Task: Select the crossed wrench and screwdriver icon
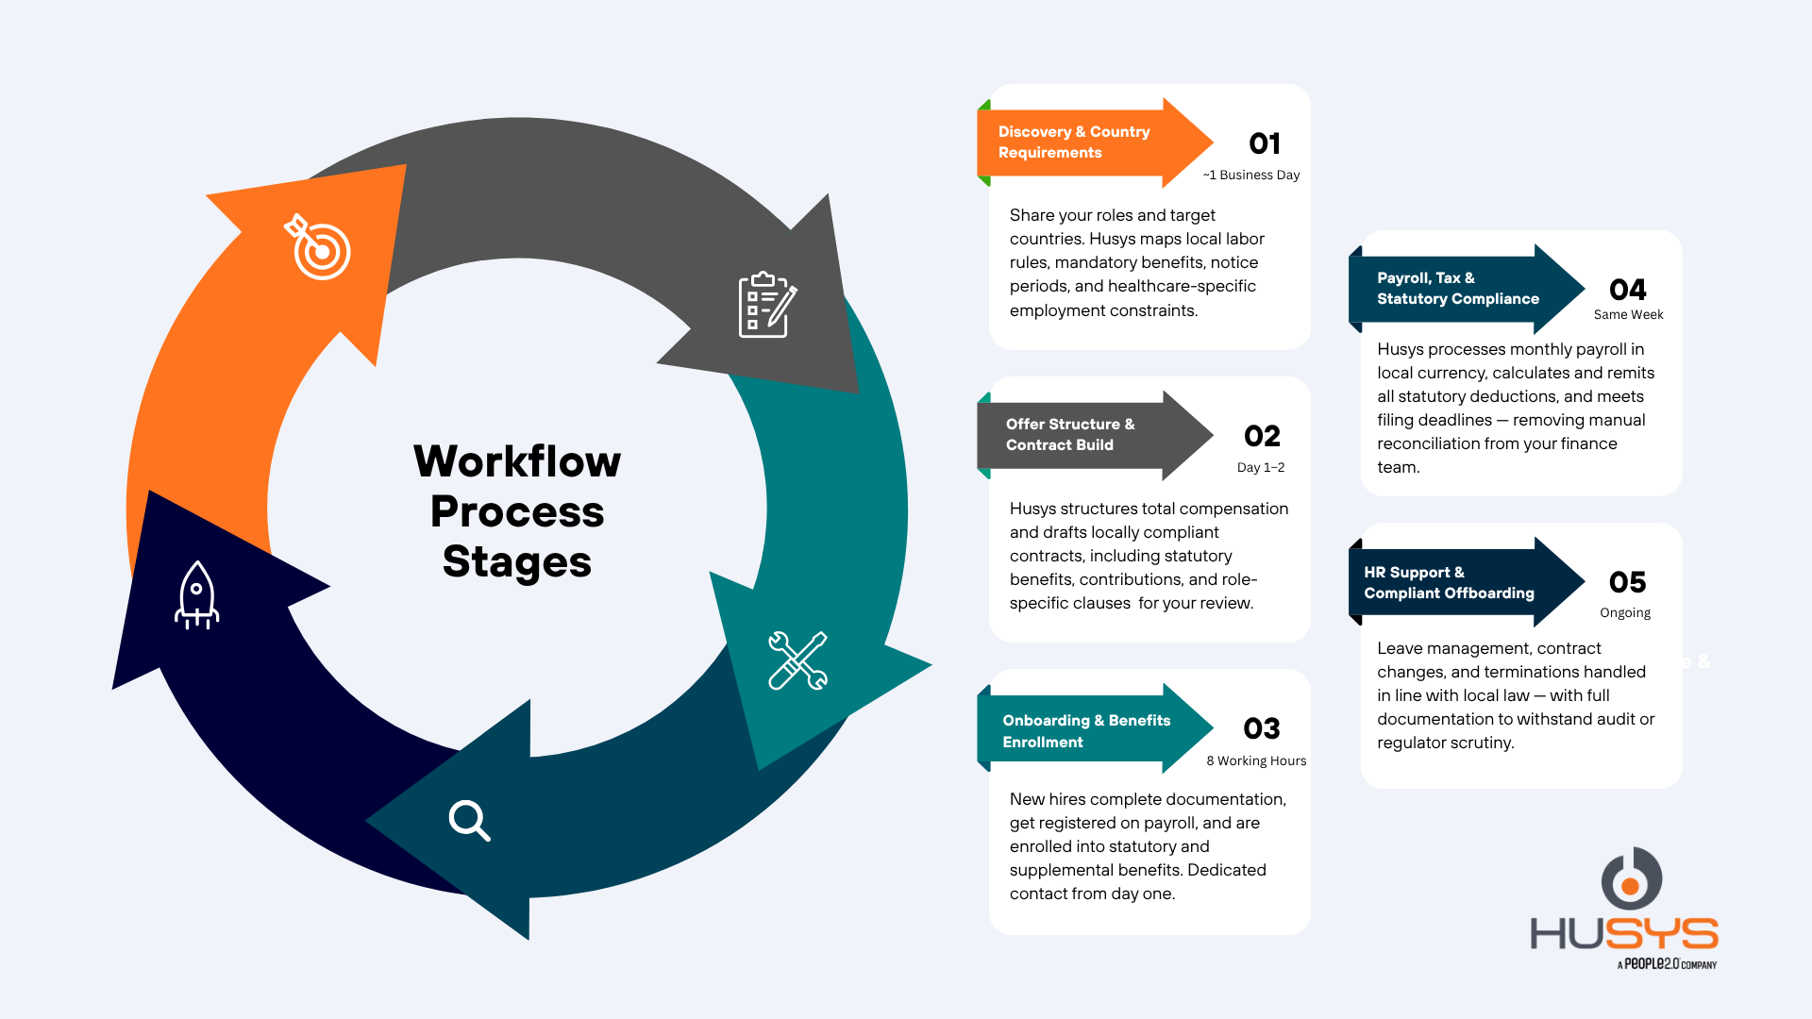[798, 660]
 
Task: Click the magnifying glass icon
[469, 820]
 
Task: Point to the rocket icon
[196, 595]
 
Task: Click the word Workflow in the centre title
[517, 461]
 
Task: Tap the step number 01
[1265, 143]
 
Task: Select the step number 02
[1262, 436]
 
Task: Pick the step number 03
[1262, 728]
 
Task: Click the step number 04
[1628, 290]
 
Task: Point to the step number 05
[1628, 582]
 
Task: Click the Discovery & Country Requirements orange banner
[1095, 142]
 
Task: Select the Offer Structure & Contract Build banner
[1095, 435]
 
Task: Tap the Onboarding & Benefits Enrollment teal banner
[1095, 728]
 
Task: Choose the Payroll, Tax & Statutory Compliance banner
[1467, 289]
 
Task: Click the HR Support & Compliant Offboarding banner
[1467, 582]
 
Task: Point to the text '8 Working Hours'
[1256, 760]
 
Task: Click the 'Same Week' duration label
[1628, 314]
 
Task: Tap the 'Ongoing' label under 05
[1625, 612]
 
